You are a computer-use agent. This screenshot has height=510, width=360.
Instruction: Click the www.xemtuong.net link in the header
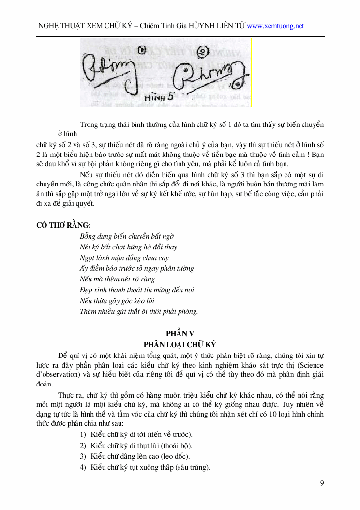[275, 26]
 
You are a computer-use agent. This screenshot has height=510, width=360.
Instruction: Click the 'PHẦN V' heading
[180, 333]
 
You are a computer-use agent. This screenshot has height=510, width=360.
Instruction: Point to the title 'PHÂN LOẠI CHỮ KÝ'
[180, 344]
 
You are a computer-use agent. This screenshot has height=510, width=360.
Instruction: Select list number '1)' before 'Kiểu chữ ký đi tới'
[83, 434]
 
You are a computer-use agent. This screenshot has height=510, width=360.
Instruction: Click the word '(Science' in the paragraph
[309, 365]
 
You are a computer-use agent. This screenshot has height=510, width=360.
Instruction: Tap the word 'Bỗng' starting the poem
[88, 236]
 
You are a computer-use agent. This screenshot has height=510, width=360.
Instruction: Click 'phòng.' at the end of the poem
[186, 311]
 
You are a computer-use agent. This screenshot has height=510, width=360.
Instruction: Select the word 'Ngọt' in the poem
[88, 258]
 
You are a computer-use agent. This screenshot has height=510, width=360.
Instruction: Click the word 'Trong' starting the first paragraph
[89, 124]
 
